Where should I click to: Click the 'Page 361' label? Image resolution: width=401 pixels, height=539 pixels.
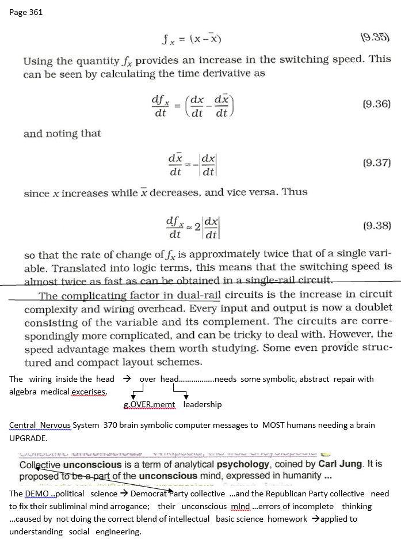coord(26,12)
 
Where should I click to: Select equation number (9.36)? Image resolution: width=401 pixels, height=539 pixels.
coord(377,104)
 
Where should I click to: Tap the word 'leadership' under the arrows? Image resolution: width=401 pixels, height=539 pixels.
coord(203,404)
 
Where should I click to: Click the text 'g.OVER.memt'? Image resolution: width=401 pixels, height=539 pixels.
coord(150,405)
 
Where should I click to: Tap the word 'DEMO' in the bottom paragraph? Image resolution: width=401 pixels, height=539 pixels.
coord(36,494)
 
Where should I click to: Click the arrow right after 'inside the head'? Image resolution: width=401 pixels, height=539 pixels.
coord(128,378)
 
